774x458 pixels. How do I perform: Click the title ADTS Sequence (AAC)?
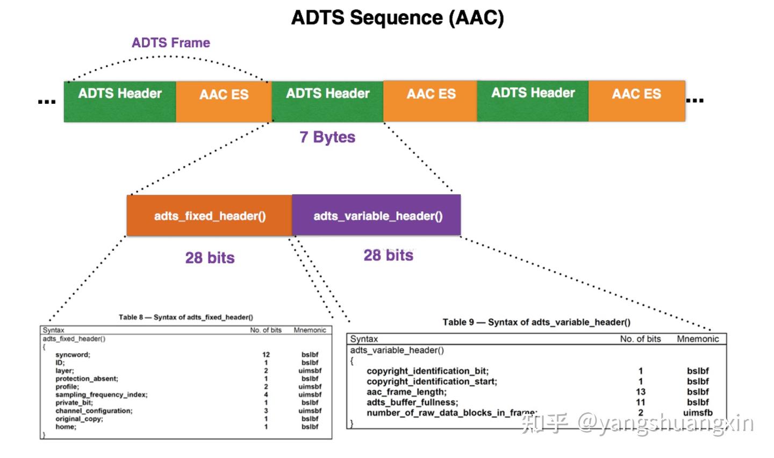(x=398, y=17)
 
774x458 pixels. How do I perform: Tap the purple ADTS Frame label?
(x=171, y=43)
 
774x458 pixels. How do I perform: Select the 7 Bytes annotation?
(x=327, y=137)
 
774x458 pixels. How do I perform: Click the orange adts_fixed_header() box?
(x=210, y=215)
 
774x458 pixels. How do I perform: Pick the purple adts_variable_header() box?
(x=376, y=215)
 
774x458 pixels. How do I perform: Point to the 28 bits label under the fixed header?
(x=210, y=258)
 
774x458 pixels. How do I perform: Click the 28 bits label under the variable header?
(x=389, y=255)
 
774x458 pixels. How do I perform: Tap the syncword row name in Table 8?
(x=73, y=355)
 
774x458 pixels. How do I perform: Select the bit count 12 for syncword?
(x=266, y=355)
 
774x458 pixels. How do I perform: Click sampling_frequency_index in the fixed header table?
(x=102, y=394)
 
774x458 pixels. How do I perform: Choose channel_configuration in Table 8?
(x=94, y=411)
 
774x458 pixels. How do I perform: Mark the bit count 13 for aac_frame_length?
(x=640, y=392)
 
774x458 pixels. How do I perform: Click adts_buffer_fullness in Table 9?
(x=412, y=403)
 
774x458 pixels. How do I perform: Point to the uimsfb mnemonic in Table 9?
(x=698, y=413)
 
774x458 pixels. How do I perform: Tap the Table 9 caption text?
(x=536, y=322)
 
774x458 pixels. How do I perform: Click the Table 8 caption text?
(x=186, y=317)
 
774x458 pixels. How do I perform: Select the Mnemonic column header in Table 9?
(x=698, y=339)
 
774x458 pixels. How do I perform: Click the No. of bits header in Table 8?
(x=266, y=330)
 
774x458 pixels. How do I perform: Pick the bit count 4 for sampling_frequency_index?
(x=266, y=394)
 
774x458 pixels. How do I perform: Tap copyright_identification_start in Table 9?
(x=432, y=381)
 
